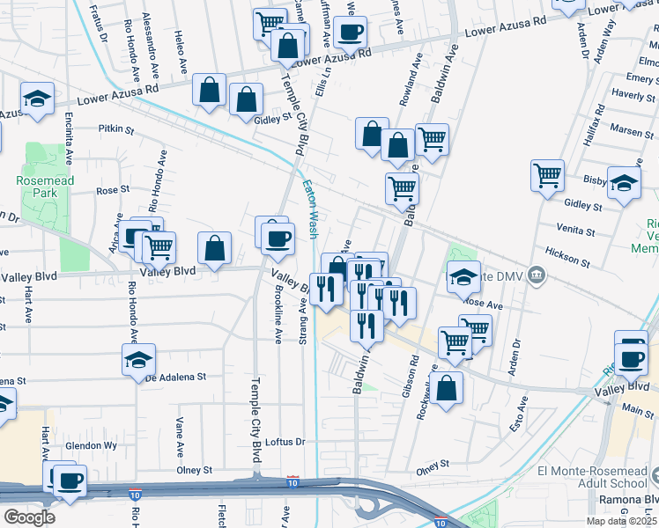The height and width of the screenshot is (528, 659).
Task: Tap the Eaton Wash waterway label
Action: (x=309, y=209)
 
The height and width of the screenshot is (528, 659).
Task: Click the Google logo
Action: (x=29, y=517)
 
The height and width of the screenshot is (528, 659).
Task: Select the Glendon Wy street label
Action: (x=96, y=445)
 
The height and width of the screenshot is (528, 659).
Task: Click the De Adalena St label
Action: (x=175, y=376)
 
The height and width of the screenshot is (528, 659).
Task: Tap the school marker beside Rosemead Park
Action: (x=37, y=99)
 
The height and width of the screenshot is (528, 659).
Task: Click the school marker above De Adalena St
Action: (x=139, y=359)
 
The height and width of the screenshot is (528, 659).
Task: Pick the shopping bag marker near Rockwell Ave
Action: (x=448, y=387)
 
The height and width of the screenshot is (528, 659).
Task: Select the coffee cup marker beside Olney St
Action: (x=70, y=480)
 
